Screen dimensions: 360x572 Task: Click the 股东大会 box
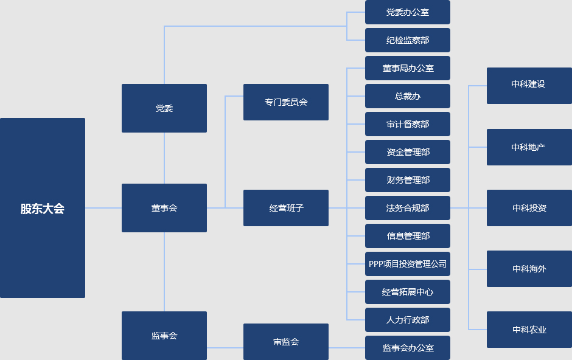pos(43,208)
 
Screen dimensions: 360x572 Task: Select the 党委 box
pos(164,108)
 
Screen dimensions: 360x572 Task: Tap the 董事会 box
pos(164,208)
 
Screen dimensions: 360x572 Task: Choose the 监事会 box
pos(164,336)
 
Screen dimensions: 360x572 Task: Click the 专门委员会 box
pos(286,102)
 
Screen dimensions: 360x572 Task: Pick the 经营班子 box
pos(286,208)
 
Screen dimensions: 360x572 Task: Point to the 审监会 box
pos(286,342)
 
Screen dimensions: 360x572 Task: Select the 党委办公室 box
pos(408,12)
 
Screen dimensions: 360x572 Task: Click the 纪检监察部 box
pos(408,40)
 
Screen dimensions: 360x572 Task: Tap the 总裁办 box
pos(408,96)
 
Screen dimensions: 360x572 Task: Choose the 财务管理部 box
pos(408,180)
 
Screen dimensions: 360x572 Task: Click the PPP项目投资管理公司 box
pos(408,264)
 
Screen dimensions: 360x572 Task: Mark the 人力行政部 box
pos(408,320)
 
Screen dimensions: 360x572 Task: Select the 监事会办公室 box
pos(408,348)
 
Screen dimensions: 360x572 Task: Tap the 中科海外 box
pos(529,269)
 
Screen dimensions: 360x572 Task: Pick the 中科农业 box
pos(529,330)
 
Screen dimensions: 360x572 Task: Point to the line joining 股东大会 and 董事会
pos(103,208)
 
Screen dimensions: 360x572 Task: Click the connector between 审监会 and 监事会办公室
pos(347,348)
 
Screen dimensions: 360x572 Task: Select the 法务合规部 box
pos(408,208)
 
